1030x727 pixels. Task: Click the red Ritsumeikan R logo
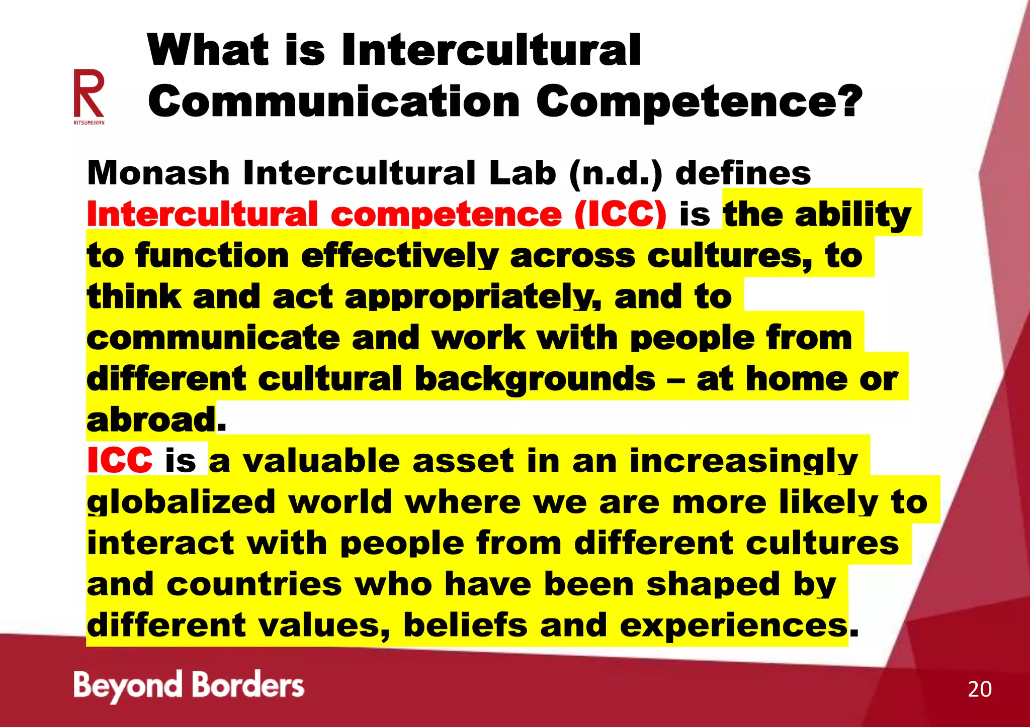(x=89, y=94)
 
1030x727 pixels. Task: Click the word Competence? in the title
(x=699, y=101)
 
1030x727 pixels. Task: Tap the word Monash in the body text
(x=158, y=173)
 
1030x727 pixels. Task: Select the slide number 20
(x=979, y=689)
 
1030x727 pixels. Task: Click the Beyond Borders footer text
(x=189, y=686)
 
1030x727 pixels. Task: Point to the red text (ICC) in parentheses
(x=621, y=215)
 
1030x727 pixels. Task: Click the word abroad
(x=151, y=420)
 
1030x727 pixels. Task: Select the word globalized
(x=181, y=502)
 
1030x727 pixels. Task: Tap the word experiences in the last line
(x=734, y=625)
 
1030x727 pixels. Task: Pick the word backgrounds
(x=535, y=379)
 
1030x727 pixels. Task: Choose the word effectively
(x=400, y=256)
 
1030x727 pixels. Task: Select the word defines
(x=743, y=173)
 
